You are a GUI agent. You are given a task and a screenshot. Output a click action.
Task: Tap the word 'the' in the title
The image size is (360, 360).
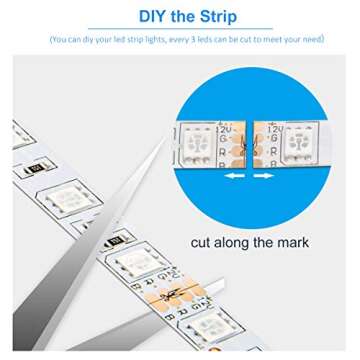tap(180, 16)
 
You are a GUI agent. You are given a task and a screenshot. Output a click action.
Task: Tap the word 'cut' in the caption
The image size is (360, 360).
tap(205, 243)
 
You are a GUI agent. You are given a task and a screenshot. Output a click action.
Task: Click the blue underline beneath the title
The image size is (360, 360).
tap(180, 29)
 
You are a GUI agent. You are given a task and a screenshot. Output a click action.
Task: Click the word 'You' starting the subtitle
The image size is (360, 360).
tap(59, 40)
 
